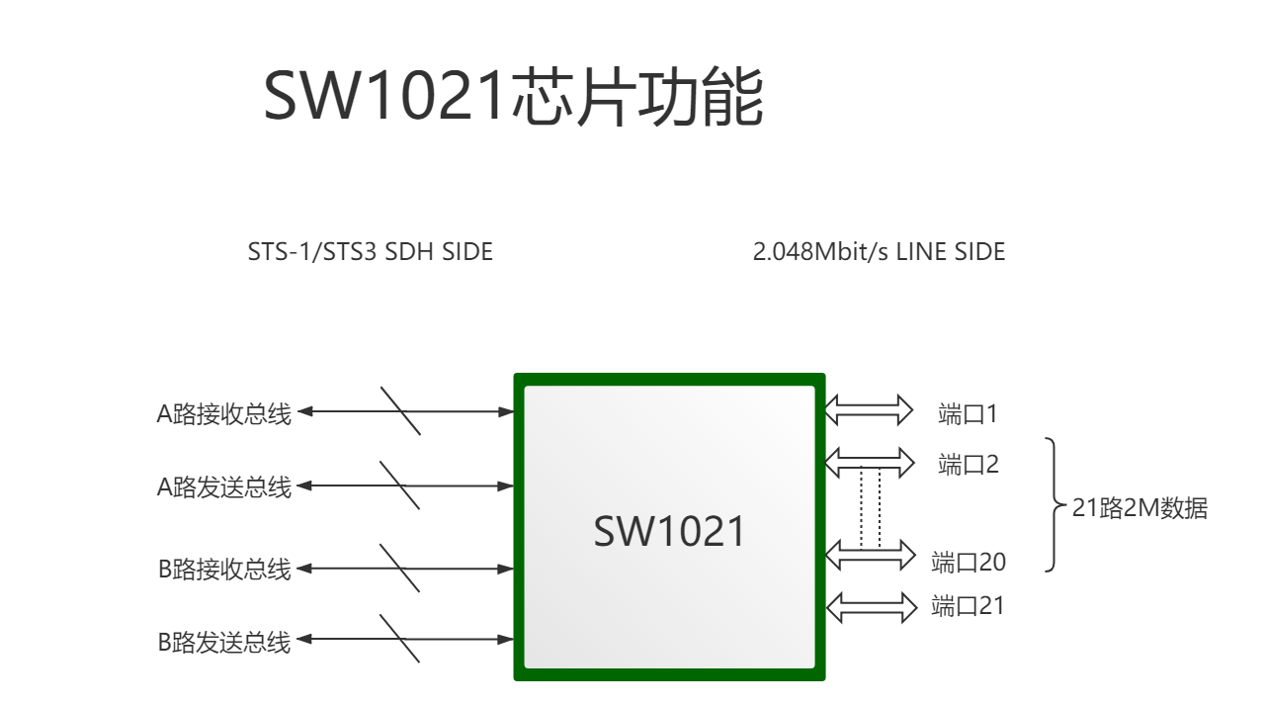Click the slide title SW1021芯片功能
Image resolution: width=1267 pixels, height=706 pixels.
(x=514, y=95)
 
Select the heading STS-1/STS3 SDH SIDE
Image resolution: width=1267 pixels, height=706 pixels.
(x=371, y=252)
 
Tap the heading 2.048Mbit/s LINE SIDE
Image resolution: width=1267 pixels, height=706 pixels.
(x=879, y=252)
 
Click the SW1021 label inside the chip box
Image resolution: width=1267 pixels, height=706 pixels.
(x=669, y=531)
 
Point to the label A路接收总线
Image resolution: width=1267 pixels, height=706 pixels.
(x=224, y=414)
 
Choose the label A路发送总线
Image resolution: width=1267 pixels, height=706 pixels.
(x=224, y=487)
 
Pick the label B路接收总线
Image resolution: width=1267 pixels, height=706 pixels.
(x=224, y=570)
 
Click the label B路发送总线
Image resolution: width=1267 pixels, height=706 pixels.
(x=224, y=643)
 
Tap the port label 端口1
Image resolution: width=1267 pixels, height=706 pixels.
(x=968, y=414)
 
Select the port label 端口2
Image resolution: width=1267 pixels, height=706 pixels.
(x=969, y=465)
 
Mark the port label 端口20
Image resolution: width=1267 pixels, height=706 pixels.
(x=969, y=563)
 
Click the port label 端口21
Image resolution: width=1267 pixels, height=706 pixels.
(x=968, y=606)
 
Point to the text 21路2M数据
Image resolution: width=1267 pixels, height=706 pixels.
(x=1140, y=508)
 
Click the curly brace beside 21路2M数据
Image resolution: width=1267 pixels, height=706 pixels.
(x=1055, y=504)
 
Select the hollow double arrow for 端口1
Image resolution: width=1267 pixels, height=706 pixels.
(x=869, y=410)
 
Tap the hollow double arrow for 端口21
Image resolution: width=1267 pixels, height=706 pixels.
(x=872, y=607)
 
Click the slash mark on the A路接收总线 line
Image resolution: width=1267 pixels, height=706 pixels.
(x=400, y=411)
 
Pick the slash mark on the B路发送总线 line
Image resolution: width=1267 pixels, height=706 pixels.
(x=400, y=639)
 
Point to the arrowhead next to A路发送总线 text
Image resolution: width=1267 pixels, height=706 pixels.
(x=304, y=485)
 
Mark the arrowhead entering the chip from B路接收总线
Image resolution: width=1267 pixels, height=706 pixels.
(x=506, y=570)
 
